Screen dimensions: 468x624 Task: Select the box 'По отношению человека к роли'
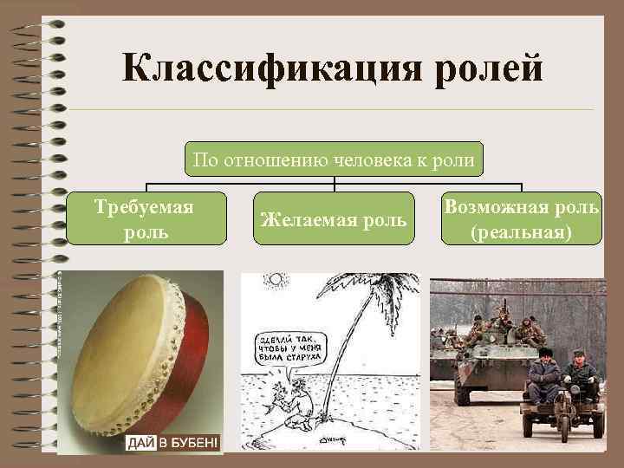[x=334, y=159]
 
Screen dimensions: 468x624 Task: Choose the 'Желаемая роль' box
[x=334, y=220]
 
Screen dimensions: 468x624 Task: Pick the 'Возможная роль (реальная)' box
[x=521, y=220]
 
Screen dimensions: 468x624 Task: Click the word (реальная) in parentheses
[x=521, y=232]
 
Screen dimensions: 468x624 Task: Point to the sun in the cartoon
[x=276, y=281]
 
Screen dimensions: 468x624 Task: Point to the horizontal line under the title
[x=334, y=110]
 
